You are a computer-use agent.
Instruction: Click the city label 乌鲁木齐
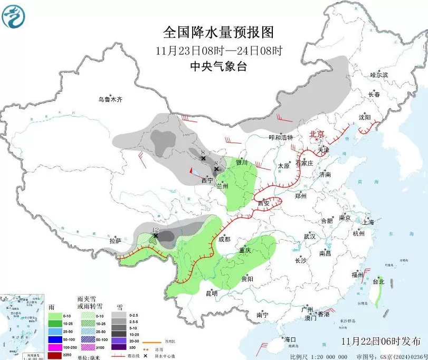tap(110, 99)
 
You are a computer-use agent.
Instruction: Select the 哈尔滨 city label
tap(378, 75)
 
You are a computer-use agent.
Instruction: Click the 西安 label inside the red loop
tap(264, 203)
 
